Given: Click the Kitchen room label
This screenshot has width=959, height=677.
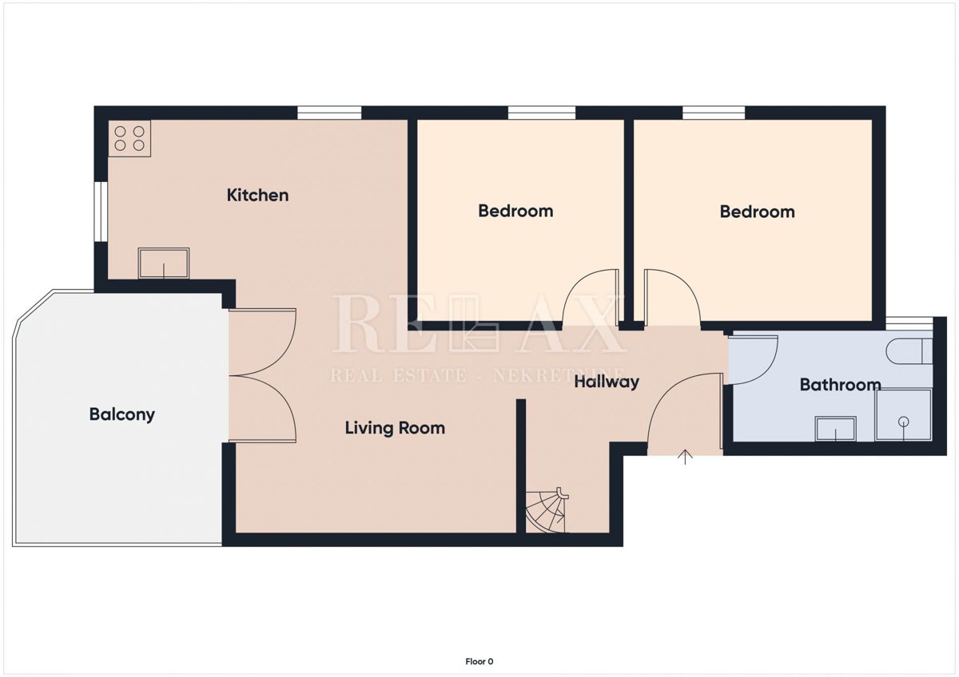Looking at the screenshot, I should (x=257, y=195).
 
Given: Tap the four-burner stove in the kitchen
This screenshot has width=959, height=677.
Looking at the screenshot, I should (x=129, y=139).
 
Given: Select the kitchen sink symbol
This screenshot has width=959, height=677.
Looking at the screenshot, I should (x=164, y=263).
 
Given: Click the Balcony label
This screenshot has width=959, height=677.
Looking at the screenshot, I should (x=121, y=414).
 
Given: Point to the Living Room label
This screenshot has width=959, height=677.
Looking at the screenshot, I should (x=395, y=428).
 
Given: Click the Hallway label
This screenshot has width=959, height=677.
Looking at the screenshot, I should (x=607, y=382).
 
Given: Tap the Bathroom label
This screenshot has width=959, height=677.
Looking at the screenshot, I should (x=840, y=385).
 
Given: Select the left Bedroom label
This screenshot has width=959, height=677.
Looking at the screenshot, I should (x=515, y=211).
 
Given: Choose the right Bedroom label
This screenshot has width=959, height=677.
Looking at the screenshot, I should (x=757, y=212).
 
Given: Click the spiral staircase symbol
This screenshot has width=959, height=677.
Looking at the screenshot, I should (x=546, y=511).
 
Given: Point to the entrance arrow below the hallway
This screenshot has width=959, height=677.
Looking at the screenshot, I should (x=685, y=457).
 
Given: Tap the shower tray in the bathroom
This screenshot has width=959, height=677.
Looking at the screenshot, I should (x=903, y=415).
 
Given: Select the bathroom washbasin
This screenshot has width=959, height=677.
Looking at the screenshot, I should (x=835, y=429).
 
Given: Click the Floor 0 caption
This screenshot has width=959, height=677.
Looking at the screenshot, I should (x=479, y=661).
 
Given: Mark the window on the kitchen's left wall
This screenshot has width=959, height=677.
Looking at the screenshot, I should (x=101, y=212).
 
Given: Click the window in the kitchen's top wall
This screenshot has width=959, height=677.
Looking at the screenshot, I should (x=329, y=113).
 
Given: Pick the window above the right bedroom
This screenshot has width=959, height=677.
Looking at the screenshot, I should (x=714, y=113).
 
